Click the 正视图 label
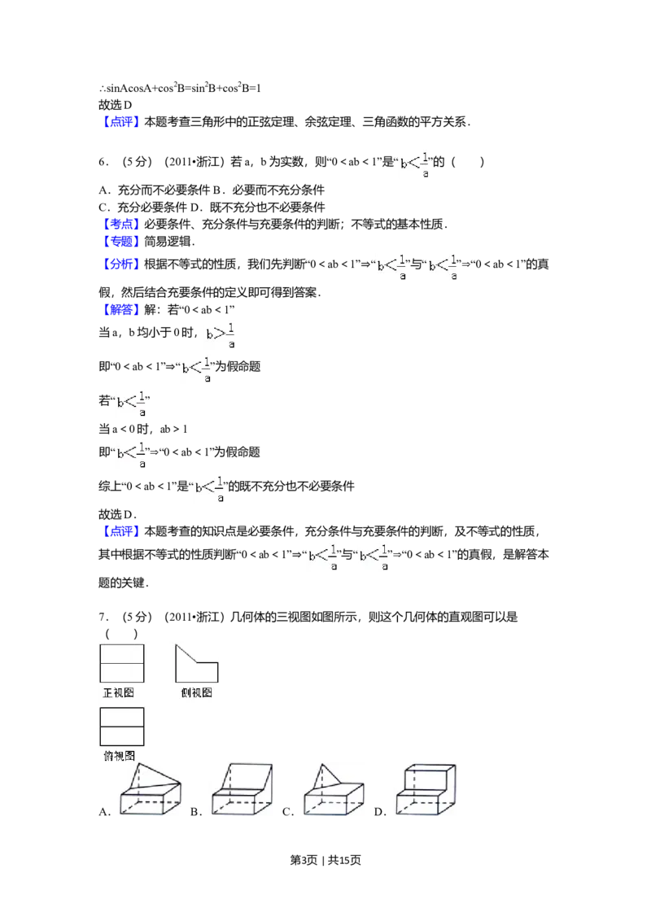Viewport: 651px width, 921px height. (119, 692)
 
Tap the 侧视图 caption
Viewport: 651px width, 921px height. (196, 692)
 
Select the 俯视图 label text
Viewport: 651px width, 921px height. (119, 755)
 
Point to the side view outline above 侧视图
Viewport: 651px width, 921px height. (196, 663)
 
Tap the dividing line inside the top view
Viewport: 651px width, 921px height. (121, 726)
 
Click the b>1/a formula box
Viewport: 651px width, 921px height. (221, 335)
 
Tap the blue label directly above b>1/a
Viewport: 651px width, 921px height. (123, 309)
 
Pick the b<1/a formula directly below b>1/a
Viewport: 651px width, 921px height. (195, 368)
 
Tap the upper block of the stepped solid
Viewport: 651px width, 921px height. (428, 774)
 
